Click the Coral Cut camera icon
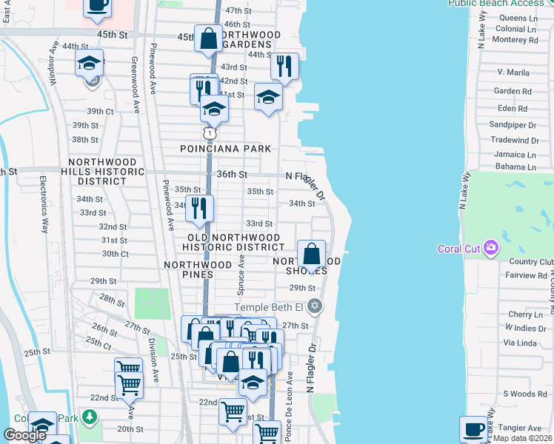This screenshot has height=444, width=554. (x=490, y=247)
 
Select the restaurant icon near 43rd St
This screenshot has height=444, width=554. (x=284, y=68)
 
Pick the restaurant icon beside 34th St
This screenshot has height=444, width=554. (x=199, y=209)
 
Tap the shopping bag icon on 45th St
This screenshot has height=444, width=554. (x=209, y=38)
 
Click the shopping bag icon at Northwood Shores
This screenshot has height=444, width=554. (x=312, y=255)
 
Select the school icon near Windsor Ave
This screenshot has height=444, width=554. (x=90, y=63)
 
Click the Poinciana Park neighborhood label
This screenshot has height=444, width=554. (x=226, y=149)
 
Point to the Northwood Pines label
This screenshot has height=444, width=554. (x=198, y=264)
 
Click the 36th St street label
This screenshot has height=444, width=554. (x=232, y=174)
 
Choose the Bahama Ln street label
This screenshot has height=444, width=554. (x=515, y=166)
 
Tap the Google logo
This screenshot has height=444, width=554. (x=24, y=435)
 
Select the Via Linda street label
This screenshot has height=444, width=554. (x=519, y=343)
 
